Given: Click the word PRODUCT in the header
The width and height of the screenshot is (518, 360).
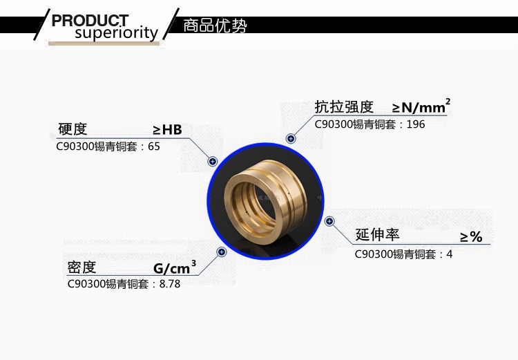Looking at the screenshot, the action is [x=90, y=21].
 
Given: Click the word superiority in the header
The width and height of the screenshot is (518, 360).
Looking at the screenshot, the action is [x=117, y=32].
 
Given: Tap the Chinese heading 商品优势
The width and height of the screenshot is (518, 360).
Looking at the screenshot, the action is [x=215, y=26].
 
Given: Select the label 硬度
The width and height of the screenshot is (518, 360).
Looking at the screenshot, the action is [x=73, y=129].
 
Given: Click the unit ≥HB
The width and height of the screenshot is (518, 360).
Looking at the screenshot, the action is [x=168, y=130].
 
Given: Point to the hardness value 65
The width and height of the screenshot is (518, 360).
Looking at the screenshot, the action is [x=154, y=146].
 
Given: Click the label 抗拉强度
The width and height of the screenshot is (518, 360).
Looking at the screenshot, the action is [x=344, y=107].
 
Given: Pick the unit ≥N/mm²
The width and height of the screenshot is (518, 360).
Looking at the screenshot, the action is [x=421, y=106].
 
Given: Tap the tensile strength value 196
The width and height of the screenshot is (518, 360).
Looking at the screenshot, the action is [x=416, y=124].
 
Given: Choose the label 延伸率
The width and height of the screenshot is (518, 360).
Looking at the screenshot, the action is [x=378, y=234].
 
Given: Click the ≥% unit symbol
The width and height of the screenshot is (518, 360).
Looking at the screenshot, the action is [x=472, y=237].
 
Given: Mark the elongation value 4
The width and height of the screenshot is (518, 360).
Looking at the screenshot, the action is [x=450, y=254].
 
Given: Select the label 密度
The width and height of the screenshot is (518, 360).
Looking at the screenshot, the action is [x=81, y=267].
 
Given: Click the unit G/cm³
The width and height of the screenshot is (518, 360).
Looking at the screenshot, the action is [x=175, y=267].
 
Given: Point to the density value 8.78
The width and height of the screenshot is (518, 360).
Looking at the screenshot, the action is [x=170, y=283].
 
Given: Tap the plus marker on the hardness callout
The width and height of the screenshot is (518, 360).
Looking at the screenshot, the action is [x=213, y=161].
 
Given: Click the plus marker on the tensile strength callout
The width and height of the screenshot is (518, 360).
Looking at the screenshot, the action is [x=291, y=138].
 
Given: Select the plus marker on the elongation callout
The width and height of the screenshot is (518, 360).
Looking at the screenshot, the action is [x=329, y=221].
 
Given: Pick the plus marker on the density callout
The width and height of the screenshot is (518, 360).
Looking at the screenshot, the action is [x=221, y=252].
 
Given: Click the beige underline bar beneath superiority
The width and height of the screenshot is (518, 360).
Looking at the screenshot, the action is [x=104, y=44].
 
